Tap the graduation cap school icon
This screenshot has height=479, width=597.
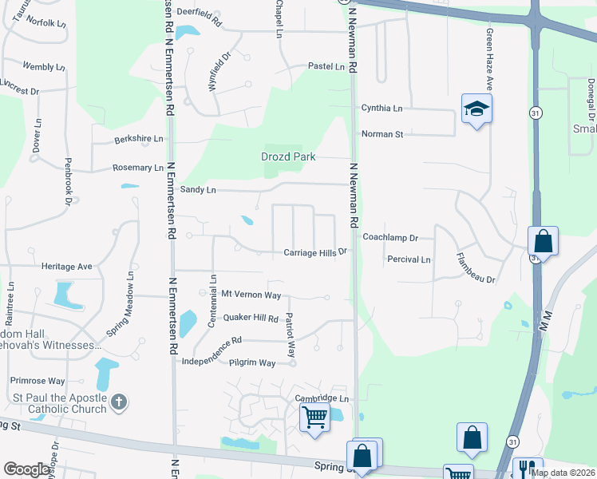476,109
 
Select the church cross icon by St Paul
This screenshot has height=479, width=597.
118,401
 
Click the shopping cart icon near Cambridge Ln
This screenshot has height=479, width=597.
314,416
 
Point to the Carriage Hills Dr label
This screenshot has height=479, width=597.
316,252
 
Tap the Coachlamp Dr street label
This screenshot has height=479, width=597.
390,238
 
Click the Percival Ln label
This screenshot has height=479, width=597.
409,259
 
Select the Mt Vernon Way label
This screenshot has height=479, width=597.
251,295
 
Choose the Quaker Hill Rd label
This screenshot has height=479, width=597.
250,318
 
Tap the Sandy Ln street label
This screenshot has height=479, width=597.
198,190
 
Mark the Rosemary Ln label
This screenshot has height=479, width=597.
137,168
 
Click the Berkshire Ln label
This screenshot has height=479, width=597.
138,138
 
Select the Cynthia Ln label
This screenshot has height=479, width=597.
382,108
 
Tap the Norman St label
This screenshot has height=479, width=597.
382,134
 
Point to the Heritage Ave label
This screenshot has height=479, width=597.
69,266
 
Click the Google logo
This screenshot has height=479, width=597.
27,469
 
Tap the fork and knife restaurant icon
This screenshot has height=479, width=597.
527,468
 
